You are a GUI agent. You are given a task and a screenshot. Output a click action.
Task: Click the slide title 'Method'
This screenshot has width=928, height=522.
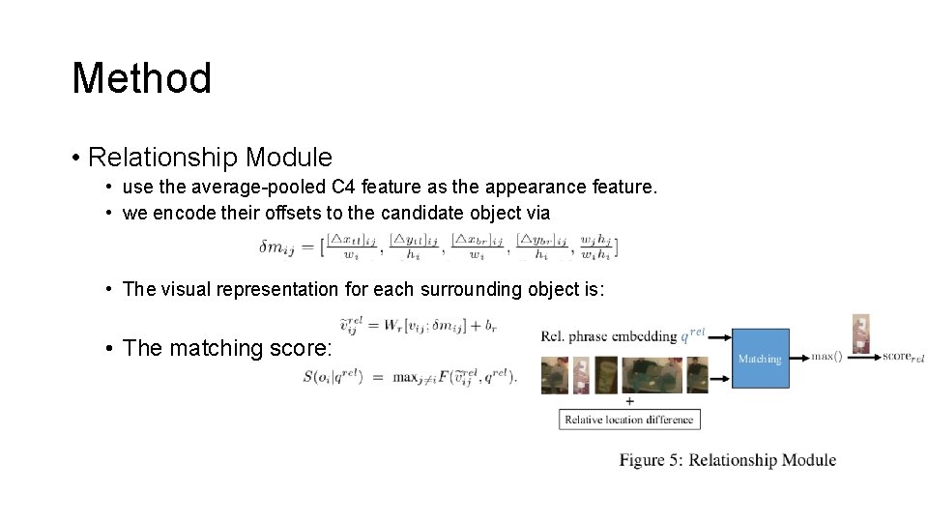point(141,78)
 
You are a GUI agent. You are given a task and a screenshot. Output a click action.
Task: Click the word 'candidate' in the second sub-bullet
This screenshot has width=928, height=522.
point(423,213)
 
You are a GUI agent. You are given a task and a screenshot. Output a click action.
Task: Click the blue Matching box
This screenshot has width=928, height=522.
point(760,359)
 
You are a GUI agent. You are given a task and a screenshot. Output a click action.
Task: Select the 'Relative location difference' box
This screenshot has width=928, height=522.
point(629,420)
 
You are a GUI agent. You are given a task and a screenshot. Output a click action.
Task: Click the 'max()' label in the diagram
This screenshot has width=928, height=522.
point(826,357)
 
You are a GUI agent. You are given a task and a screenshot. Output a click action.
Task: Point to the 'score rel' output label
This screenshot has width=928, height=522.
point(903,357)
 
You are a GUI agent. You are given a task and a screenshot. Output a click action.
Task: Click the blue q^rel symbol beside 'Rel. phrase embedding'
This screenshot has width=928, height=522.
point(693,334)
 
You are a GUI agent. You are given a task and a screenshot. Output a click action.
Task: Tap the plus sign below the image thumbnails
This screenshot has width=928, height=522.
point(629,400)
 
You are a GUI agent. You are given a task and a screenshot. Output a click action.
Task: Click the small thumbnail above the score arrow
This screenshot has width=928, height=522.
point(860,331)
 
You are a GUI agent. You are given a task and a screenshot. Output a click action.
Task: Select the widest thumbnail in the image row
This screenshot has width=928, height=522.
point(651,375)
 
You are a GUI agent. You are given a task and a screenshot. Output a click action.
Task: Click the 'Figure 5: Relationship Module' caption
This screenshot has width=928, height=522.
point(728,460)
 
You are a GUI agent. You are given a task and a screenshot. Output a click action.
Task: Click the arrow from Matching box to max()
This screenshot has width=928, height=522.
point(799,358)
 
